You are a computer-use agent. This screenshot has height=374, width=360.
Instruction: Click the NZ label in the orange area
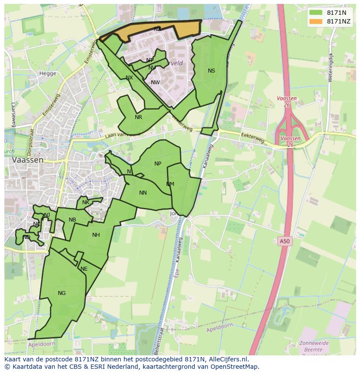(x=157, y=29)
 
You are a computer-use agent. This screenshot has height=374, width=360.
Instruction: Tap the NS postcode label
(x=211, y=71)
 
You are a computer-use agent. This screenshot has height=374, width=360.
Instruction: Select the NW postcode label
(x=155, y=83)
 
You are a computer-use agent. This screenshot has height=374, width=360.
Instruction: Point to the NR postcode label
(x=138, y=117)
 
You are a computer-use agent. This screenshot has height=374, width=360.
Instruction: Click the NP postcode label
(x=158, y=164)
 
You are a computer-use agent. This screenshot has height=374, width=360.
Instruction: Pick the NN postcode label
(x=143, y=193)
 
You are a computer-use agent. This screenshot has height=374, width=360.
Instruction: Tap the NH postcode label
(x=96, y=235)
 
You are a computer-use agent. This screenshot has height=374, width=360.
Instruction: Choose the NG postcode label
(x=62, y=293)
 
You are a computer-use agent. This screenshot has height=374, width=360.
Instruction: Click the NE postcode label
(x=84, y=269)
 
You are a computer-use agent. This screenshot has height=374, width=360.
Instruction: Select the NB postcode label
(x=72, y=220)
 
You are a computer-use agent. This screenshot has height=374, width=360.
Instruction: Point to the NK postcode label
(x=86, y=202)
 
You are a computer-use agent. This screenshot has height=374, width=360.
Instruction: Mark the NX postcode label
(x=129, y=78)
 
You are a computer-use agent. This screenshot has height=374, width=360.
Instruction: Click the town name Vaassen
(x=28, y=160)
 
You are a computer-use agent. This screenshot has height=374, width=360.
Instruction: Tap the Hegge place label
(x=48, y=73)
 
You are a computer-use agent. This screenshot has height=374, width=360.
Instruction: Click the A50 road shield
(x=284, y=241)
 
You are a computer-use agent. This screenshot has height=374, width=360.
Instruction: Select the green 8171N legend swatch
(x=316, y=13)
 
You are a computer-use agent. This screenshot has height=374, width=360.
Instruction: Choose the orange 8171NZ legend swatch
(x=316, y=21)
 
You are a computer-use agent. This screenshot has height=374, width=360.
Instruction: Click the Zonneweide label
(x=314, y=343)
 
